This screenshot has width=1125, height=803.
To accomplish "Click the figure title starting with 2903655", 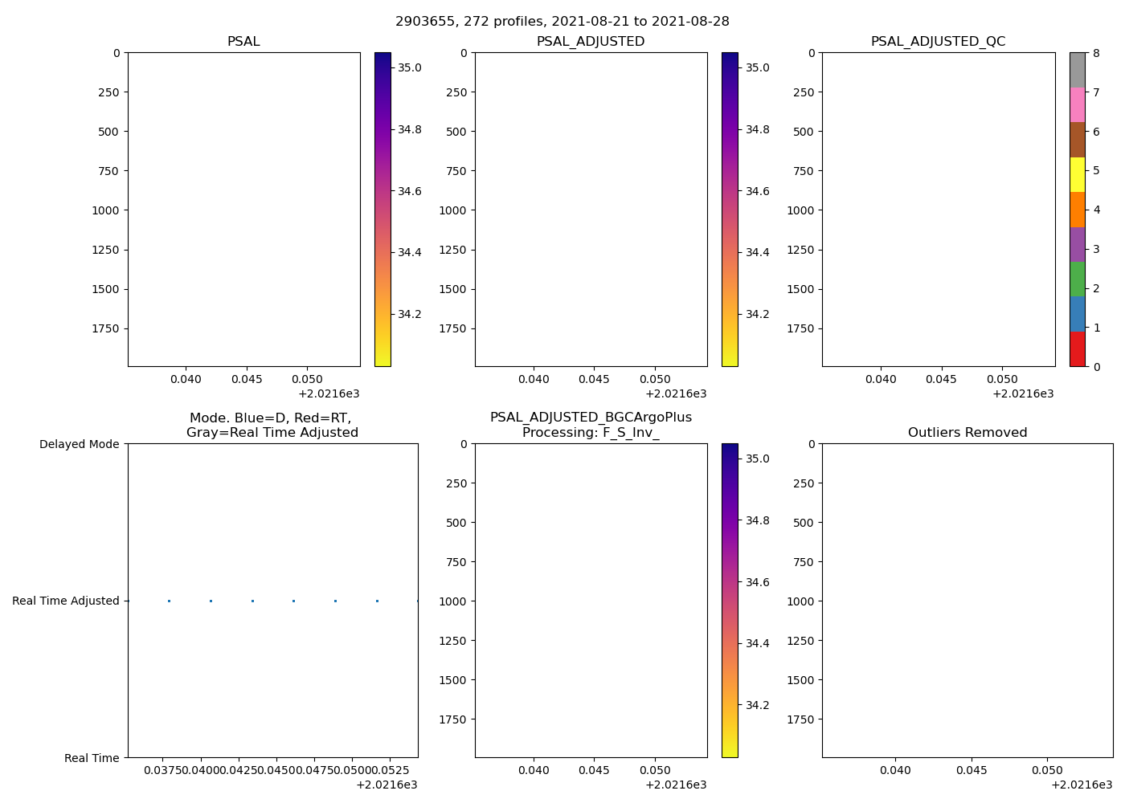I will pyautogui.click(x=562, y=22).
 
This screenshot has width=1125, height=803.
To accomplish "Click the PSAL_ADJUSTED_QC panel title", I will pyautogui.click(x=938, y=42).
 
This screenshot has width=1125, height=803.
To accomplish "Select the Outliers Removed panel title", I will pyautogui.click(x=967, y=433).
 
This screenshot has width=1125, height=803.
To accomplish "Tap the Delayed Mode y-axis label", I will pyautogui.click(x=79, y=444).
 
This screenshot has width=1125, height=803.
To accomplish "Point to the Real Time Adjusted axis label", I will pyautogui.click(x=65, y=601).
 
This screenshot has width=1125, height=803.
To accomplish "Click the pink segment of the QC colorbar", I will pyautogui.click(x=1077, y=105).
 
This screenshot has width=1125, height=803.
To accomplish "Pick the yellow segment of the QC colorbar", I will pyautogui.click(x=1077, y=174).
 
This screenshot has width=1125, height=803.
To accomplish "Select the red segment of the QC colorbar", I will pyautogui.click(x=1077, y=349).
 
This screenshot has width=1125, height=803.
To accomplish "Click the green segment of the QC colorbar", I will pyautogui.click(x=1077, y=279).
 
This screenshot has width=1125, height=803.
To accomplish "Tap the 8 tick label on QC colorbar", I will pyautogui.click(x=1097, y=53).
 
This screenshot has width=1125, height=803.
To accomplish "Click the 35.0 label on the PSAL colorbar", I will pyautogui.click(x=410, y=67).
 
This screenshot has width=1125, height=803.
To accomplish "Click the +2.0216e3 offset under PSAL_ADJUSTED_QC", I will pyautogui.click(x=1023, y=393).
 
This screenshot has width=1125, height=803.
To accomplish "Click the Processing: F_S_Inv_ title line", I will pyautogui.click(x=591, y=433).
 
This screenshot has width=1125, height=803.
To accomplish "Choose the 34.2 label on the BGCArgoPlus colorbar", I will pyautogui.click(x=757, y=705).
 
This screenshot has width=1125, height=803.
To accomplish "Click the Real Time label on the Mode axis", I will pyautogui.click(x=92, y=758).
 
